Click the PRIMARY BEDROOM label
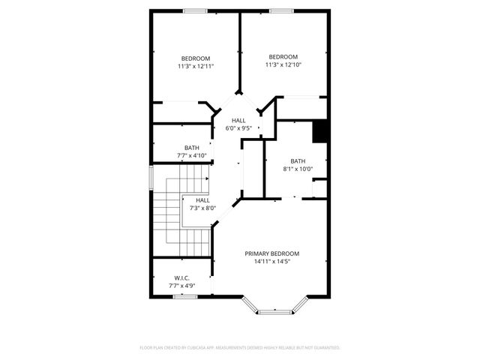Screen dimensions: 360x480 tap(271, 253)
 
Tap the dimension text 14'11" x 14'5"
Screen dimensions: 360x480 tap(271, 262)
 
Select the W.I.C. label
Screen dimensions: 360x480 tap(181, 277)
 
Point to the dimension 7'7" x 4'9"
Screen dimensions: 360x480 tap(181, 285)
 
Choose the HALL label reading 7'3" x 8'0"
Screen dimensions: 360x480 tap(202, 200)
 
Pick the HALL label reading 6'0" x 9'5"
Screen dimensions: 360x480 tap(238, 121)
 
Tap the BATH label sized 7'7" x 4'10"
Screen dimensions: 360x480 tap(191, 148)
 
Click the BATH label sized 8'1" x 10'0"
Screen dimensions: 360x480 tap(298, 161)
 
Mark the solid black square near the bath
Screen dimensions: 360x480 tap(320, 131)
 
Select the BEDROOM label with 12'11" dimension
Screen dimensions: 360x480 tap(196, 58)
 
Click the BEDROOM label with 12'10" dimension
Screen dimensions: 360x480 tap(283, 57)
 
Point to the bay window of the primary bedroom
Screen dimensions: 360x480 tap(277, 308)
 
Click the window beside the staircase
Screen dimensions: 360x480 tap(151, 178)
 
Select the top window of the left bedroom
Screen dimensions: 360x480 tap(196, 10)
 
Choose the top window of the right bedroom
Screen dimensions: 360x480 tap(281, 10)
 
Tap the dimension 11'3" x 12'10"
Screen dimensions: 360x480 tap(283, 65)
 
